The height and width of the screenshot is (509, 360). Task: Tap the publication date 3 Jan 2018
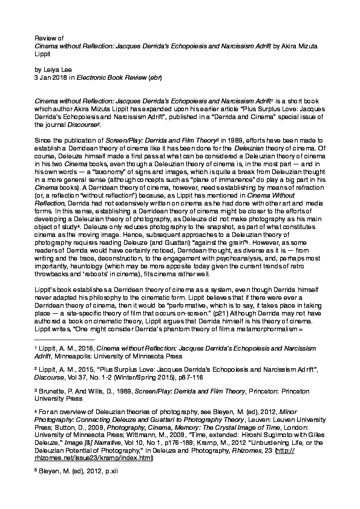pyautogui.click(x=52, y=78)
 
